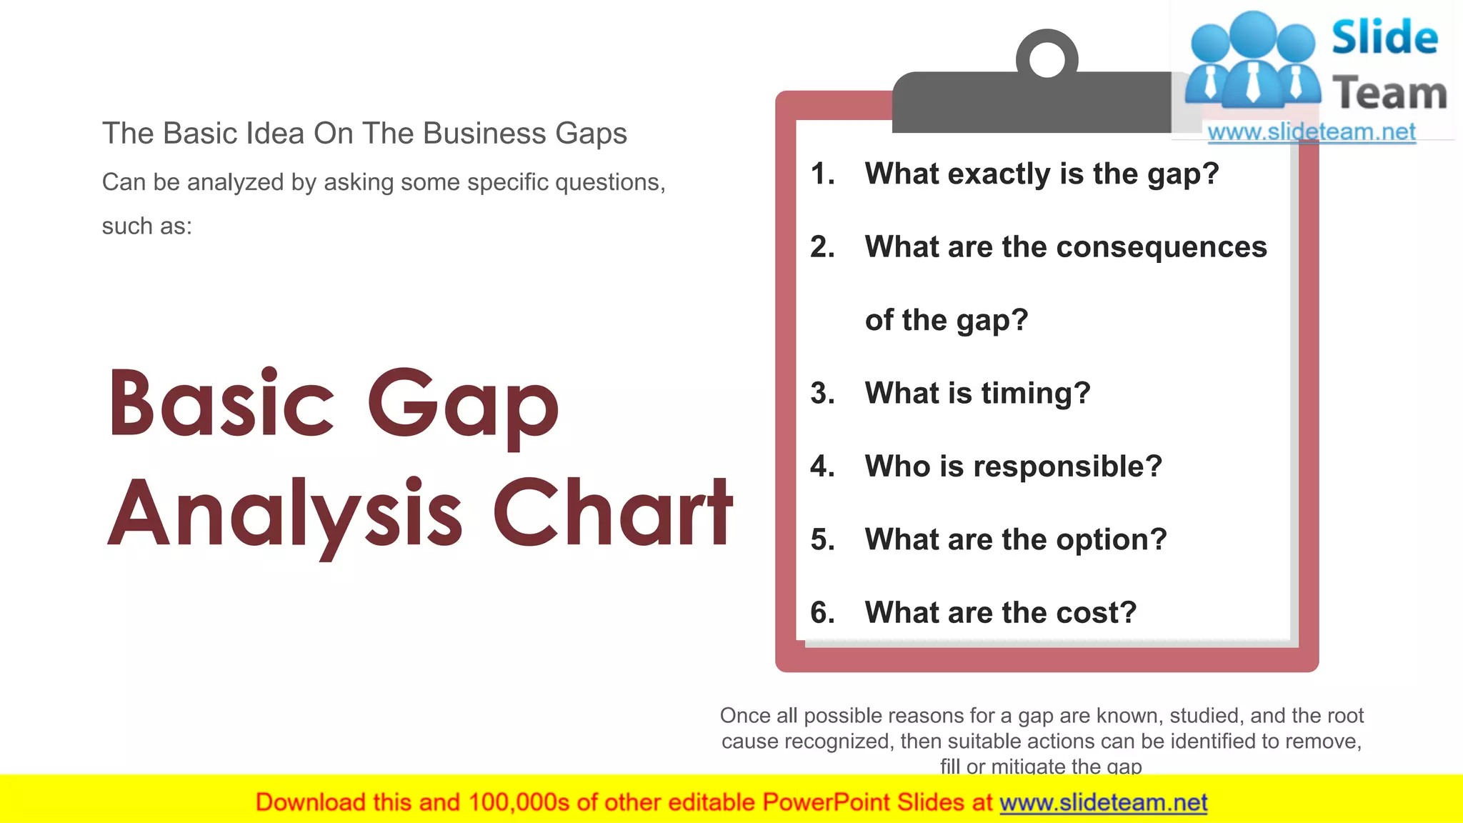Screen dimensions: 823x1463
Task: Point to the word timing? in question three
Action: click(x=1035, y=394)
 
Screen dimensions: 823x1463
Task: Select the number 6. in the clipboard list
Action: click(x=822, y=613)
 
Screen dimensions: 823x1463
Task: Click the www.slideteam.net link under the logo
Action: click(x=1311, y=132)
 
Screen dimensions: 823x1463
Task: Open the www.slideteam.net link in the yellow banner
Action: click(x=1103, y=802)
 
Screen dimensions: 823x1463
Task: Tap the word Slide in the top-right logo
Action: click(x=1384, y=37)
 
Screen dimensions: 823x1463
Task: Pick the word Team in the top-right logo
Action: click(x=1389, y=94)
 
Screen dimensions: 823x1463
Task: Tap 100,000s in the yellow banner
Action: click(x=519, y=802)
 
